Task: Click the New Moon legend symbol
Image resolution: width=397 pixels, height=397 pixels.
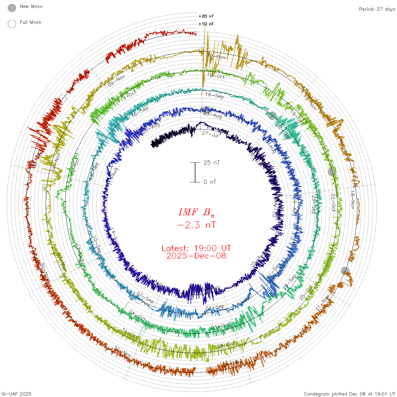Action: pos(12,8)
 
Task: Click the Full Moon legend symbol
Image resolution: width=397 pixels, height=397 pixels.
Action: pos(12,24)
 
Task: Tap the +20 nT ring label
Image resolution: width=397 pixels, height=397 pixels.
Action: pos(206,16)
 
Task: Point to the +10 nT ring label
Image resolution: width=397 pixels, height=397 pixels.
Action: pos(206,24)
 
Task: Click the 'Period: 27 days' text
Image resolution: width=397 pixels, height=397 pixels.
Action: pos(377,9)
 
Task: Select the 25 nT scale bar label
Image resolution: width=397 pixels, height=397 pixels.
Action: pos(212,162)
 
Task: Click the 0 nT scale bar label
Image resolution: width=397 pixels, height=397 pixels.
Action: pos(210,182)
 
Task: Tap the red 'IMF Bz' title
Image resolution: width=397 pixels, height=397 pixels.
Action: pos(196,212)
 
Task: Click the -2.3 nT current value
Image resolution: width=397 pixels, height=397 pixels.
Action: pos(196,225)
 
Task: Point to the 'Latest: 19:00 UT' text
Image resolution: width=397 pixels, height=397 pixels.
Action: pos(196,248)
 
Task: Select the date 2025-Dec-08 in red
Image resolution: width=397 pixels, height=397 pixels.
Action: pos(196,256)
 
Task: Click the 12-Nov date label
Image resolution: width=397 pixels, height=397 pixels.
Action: pos(217,56)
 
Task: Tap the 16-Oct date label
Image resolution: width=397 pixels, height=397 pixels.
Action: pos(216,76)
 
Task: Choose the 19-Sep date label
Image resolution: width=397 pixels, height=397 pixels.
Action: pos(214,96)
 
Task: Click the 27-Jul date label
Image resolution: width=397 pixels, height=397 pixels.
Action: pos(210,134)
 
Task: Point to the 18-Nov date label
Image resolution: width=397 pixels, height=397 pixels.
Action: pos(352,200)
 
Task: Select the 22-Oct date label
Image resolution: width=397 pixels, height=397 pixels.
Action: pos(333,202)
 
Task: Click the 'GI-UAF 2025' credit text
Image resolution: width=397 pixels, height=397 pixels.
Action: pos(16,394)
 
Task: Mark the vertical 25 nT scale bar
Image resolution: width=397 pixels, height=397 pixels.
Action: pos(195,172)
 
